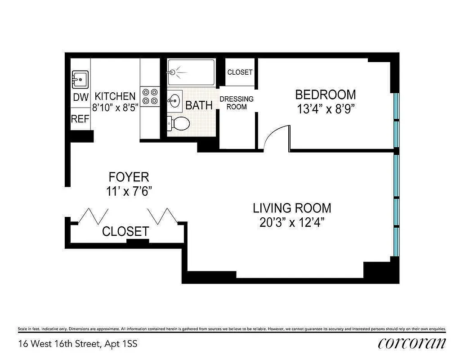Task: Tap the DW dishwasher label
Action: coord(80,97)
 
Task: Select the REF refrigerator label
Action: coord(80,119)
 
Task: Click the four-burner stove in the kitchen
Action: coord(150,96)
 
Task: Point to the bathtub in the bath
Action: coord(191,72)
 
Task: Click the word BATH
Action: coord(199,106)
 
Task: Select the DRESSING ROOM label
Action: coord(237,103)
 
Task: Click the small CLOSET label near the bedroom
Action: coord(240,72)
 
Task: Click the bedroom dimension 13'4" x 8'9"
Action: coord(326,109)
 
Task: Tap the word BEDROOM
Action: coord(325,95)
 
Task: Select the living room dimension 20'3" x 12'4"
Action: coord(292,223)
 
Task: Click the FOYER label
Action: coord(129,176)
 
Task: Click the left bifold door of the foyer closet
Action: coord(94,216)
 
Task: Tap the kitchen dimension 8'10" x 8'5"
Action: coord(115,108)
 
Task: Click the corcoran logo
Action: coord(412,343)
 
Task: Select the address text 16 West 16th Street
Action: coord(60,344)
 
